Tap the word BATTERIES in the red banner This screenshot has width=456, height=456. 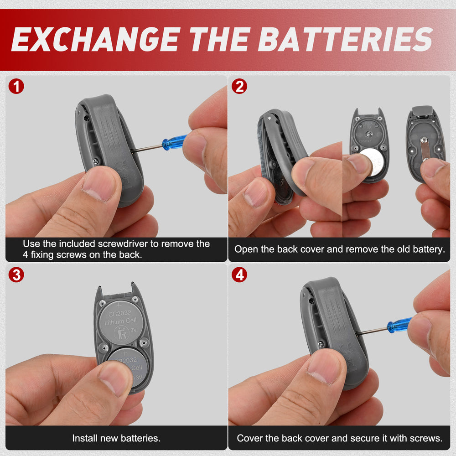coord(346,39)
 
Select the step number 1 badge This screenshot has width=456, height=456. coord(16,86)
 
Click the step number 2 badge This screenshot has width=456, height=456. coord(239,86)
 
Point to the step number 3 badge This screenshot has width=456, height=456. coord(16,275)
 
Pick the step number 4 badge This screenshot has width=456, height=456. coord(239,275)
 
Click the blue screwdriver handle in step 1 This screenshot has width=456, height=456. coord(175,142)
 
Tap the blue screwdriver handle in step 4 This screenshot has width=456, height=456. coord(399,325)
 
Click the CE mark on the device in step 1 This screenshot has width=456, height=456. coord(121,166)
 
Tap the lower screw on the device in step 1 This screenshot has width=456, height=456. coord(96,161)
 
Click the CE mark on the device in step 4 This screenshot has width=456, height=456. coord(346,348)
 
